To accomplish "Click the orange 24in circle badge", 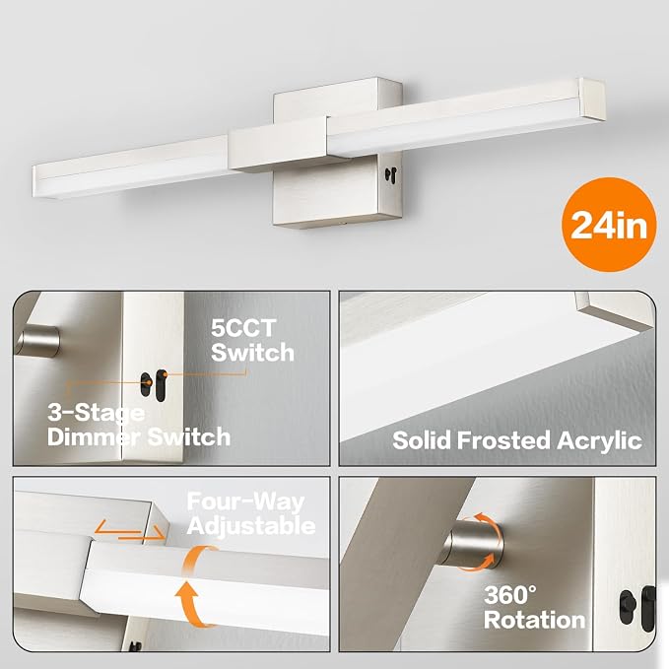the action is (609, 225).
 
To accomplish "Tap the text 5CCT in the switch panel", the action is (243, 328).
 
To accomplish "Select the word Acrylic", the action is (599, 441).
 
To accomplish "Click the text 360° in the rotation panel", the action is (510, 595).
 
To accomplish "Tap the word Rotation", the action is (534, 620).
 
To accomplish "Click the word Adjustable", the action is (251, 526).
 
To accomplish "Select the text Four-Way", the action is (245, 502).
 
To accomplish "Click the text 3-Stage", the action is (96, 413).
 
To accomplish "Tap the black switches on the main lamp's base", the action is (391, 172).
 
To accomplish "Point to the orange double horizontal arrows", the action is (129, 530).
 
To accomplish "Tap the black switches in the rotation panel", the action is (637, 608).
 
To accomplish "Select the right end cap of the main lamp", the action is (592, 99).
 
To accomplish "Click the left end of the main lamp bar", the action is (36, 182).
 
